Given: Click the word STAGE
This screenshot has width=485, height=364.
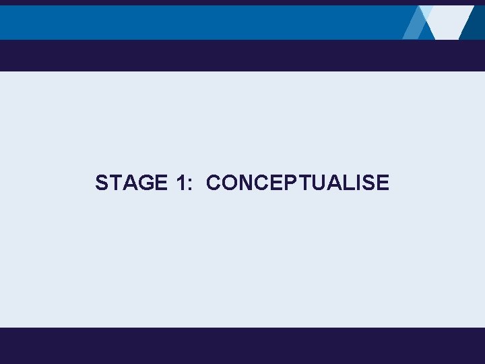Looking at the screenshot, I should tap(131, 183).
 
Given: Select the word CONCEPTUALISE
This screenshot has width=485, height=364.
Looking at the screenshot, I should tap(298, 183).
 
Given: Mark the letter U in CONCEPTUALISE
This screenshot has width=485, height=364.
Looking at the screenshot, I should tap(320, 183).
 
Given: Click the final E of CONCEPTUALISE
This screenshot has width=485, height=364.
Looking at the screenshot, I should tap(383, 183).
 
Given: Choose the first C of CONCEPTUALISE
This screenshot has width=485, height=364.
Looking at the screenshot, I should tap(214, 183).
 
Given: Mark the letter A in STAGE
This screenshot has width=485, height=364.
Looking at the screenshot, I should tap(129, 183).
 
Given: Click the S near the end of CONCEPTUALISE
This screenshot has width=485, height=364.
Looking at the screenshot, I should tap(369, 183).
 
